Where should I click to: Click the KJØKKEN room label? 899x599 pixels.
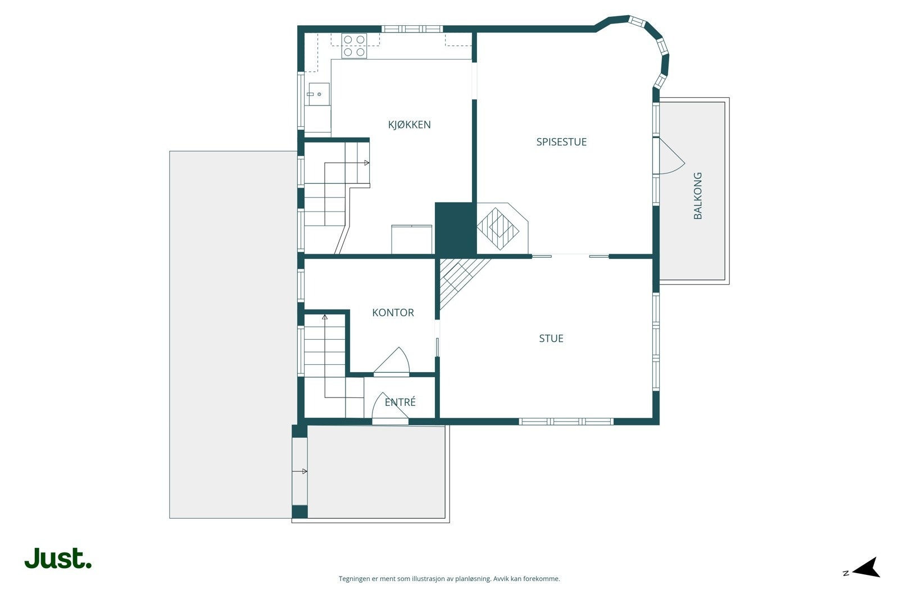coord(409,125)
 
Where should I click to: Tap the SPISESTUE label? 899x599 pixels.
coord(561,142)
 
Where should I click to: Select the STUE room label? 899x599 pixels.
coord(551,339)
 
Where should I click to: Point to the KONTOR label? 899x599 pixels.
coord(393,312)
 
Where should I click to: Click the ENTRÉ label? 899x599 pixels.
coord(400,402)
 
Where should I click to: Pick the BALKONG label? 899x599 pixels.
coord(698,196)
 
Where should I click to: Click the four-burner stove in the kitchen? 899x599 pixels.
coord(354,45)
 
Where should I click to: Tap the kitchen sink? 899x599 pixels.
coord(319,94)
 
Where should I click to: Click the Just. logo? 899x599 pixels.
coord(58,558)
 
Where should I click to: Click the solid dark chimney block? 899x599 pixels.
coord(456,228)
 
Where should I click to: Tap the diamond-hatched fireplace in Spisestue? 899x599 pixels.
coord(498,229)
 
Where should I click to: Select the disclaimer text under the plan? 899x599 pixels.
coord(449,579)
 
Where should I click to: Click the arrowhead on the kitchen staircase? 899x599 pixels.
coord(366,163)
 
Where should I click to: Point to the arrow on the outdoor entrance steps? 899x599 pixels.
coord(300,472)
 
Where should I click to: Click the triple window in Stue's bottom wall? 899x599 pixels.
coord(566,422)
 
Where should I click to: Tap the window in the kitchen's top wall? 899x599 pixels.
coord(412,29)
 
